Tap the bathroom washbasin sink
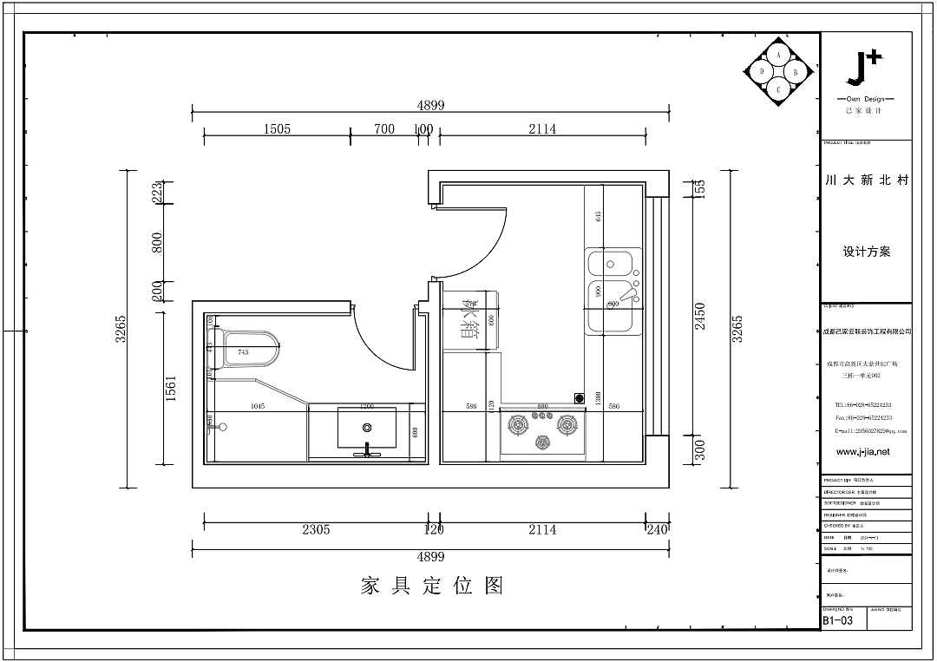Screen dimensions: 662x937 pyautogui.click(x=367, y=428)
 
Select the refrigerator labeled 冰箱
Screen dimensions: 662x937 pyautogui.click(x=471, y=320)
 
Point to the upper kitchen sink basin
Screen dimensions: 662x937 pyautogui.click(x=613, y=263)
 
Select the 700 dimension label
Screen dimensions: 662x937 pyautogui.click(x=383, y=129)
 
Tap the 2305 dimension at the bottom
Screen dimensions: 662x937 pyautogui.click(x=315, y=529)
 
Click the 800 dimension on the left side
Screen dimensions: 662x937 pyautogui.click(x=158, y=242)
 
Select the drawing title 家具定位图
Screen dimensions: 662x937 pyautogui.click(x=432, y=586)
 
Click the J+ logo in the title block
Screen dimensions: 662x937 pyautogui.click(x=865, y=69)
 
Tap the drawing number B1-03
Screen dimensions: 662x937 pyautogui.click(x=838, y=620)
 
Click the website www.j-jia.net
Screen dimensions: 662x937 pyautogui.click(x=862, y=452)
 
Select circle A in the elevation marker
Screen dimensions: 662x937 pyautogui.click(x=778, y=56)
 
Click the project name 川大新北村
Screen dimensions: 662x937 pyautogui.click(x=866, y=181)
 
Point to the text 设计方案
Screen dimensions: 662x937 pyautogui.click(x=866, y=252)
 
